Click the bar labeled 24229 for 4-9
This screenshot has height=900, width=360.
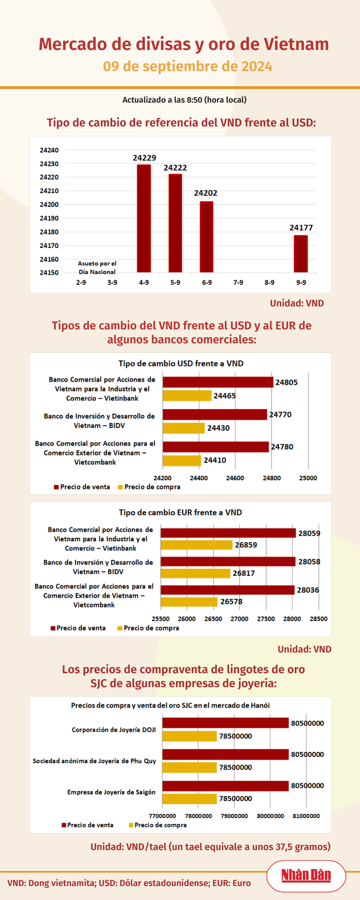pos(144,218)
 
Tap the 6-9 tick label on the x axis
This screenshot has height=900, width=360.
pos(207,283)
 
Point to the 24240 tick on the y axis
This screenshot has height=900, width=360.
pos(49,150)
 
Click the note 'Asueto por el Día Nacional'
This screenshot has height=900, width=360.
pos(97,267)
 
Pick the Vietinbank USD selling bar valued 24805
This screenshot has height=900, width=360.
pos(218,382)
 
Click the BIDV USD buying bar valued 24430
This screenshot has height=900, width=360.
pos(184,428)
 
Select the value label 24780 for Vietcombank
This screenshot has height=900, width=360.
pos(282,447)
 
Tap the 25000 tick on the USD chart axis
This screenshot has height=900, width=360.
pos(308,478)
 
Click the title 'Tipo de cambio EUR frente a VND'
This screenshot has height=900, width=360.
pos(180,512)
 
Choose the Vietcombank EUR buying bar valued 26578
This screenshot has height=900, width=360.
pos(189,602)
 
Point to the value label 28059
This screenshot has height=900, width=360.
pos(309,533)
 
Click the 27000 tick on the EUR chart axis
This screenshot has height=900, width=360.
pos(240,619)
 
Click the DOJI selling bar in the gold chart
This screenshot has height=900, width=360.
pos(226,723)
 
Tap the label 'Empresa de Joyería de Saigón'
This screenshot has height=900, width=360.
pos(111,792)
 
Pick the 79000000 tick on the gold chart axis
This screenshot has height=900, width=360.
pos(234,816)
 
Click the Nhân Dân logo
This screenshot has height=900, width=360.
pos(306,875)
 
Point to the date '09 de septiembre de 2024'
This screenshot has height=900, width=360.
pos(188,67)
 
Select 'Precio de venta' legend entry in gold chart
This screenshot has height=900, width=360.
pos(87,825)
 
